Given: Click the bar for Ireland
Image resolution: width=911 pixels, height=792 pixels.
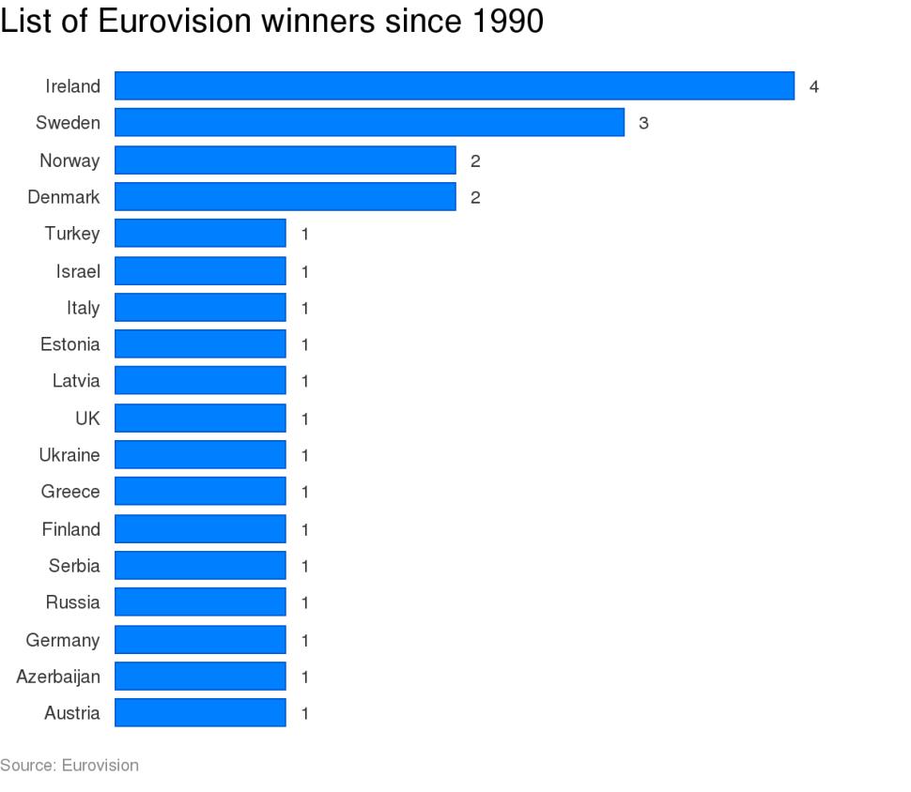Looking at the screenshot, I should pos(455,86).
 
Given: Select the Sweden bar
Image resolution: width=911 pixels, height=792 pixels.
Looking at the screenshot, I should pos(369,123).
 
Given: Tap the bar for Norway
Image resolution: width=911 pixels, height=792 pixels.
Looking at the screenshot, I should pos(285,160).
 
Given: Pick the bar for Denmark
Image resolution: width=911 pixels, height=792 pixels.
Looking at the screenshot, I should pos(285,197).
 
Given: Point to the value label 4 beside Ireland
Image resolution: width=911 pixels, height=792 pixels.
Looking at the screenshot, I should pos(814,87).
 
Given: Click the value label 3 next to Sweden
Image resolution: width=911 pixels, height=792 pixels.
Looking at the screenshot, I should pos(643,124).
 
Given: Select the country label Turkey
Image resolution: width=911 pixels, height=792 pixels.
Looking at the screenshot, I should pos(71,234).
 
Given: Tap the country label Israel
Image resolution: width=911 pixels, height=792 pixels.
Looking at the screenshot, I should pos(77,271).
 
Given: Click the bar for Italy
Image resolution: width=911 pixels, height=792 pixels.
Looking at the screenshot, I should pos(200,308).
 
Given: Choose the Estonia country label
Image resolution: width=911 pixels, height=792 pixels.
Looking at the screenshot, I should pos(69,344).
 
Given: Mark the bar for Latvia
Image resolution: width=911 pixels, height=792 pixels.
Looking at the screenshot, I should pos(200,381).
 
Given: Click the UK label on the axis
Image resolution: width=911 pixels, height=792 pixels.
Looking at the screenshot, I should pos(87,419).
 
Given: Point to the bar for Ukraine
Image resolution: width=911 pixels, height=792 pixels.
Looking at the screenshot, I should pos(200,455).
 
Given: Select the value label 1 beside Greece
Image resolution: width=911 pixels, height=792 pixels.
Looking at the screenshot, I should pos(305,493).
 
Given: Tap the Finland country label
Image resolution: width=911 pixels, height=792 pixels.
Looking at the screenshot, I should pos(70,529).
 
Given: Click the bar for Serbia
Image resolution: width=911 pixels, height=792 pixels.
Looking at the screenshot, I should pos(200,566).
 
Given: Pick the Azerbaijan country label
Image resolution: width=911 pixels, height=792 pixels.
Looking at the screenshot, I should pos(58,677).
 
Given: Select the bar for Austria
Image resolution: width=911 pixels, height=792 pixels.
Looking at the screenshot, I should pos(200,713).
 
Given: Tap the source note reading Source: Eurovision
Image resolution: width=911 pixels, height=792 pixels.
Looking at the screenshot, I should pos(69,766).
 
